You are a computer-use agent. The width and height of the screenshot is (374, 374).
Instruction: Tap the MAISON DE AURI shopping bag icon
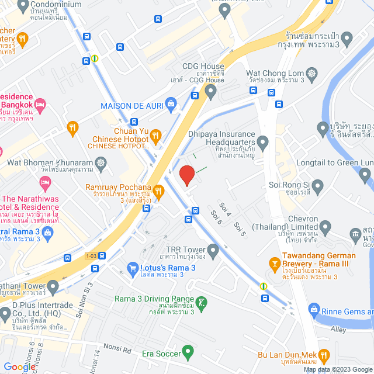171,106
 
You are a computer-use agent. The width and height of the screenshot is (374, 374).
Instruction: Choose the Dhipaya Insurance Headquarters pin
263,141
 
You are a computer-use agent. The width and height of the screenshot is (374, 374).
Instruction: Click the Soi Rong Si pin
318,186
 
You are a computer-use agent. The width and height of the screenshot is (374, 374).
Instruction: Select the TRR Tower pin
213,252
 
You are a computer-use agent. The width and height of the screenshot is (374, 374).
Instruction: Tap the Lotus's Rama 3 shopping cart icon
132,268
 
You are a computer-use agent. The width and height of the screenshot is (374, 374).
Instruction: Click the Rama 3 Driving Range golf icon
202,303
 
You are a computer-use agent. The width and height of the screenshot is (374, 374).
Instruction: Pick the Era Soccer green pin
188,352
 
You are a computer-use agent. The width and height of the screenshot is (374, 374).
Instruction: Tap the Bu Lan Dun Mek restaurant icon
325,355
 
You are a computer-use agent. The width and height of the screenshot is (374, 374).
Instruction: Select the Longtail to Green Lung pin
365,174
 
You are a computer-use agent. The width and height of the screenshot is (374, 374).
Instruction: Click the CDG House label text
203,66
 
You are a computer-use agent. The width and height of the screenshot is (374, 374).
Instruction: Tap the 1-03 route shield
91,256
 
